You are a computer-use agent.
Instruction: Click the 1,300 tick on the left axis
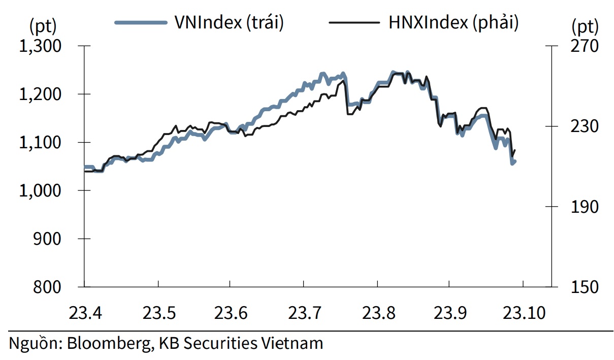(x=40, y=46)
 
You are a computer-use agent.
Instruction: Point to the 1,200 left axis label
(x=40, y=94)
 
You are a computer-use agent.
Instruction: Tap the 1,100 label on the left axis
(x=40, y=143)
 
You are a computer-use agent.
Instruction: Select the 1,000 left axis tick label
(x=40, y=191)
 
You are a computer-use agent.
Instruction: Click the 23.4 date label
(x=84, y=312)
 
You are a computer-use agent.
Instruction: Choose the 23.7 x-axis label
(x=303, y=312)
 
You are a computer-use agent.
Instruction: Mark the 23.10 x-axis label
(x=523, y=312)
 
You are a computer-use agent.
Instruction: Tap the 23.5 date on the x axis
(x=157, y=312)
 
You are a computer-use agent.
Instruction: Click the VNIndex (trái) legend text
(x=229, y=23)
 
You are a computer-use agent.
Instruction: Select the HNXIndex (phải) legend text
(x=453, y=23)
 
